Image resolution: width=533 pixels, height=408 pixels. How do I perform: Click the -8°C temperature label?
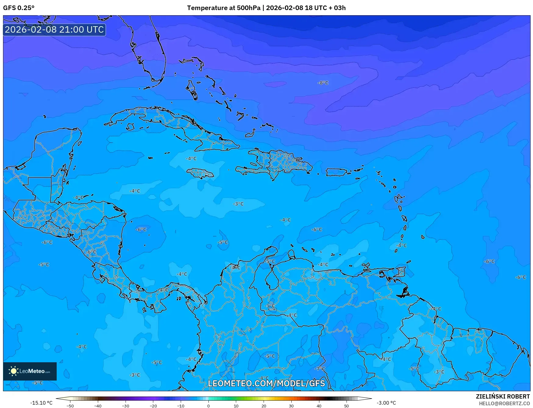(x=323, y=83)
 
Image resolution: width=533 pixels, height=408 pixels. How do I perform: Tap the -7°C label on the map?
(x=320, y=368)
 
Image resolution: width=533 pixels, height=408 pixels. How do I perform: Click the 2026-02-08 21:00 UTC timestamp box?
(x=54, y=30)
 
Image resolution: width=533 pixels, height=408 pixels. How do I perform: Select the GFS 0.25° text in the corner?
(x=19, y=8)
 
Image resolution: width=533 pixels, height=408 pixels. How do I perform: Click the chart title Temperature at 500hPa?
(x=223, y=8)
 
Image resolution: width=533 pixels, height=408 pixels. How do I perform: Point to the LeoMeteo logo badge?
(x=30, y=371)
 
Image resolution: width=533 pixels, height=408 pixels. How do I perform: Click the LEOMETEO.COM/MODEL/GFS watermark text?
(x=266, y=383)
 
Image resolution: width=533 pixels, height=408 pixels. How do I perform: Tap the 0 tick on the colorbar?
(x=208, y=406)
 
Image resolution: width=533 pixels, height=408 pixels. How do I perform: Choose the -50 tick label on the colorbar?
(x=70, y=406)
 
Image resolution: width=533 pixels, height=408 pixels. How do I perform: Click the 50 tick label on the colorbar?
(x=346, y=406)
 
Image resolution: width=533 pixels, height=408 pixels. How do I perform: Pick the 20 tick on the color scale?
(x=264, y=406)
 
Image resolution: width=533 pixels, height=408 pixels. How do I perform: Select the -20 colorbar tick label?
(x=153, y=406)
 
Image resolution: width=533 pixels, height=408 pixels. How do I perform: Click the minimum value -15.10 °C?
(x=41, y=403)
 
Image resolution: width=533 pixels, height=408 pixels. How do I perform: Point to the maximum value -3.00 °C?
(x=386, y=403)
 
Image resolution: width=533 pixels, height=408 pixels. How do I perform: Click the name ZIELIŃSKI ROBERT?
(x=503, y=396)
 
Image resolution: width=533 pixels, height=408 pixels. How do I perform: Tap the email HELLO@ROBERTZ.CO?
(x=504, y=403)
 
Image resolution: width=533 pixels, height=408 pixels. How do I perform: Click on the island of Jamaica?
(x=200, y=174)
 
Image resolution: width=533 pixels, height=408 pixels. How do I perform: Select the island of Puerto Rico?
(x=336, y=172)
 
